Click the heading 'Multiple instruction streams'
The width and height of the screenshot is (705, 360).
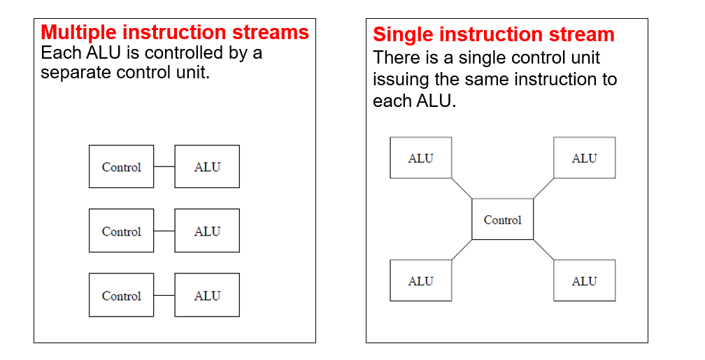[x=174, y=32]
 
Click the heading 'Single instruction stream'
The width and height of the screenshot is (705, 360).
[x=493, y=34]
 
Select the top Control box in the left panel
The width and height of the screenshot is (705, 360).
[x=121, y=167]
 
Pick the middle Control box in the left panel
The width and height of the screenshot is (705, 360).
[x=121, y=231]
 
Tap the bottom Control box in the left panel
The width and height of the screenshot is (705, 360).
[x=121, y=296]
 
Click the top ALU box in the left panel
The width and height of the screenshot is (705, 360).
[x=207, y=167]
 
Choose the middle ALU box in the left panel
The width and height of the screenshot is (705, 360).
[x=207, y=231]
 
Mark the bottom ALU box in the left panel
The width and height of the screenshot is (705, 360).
[x=207, y=296]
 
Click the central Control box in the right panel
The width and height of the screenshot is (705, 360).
[x=503, y=219]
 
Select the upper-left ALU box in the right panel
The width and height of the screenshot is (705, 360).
[x=420, y=158]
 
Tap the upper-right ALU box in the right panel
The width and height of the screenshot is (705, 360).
[x=584, y=158]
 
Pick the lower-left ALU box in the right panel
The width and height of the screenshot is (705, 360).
[x=420, y=281]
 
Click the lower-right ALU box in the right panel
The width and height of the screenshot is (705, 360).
[x=584, y=281]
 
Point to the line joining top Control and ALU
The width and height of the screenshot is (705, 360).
[x=164, y=167]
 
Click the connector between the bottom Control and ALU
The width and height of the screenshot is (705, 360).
[x=164, y=296]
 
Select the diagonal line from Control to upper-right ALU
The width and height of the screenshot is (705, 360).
[x=543, y=189]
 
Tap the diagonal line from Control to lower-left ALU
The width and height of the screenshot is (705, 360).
[x=462, y=250]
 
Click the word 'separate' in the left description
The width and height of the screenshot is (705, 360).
[x=73, y=73]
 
